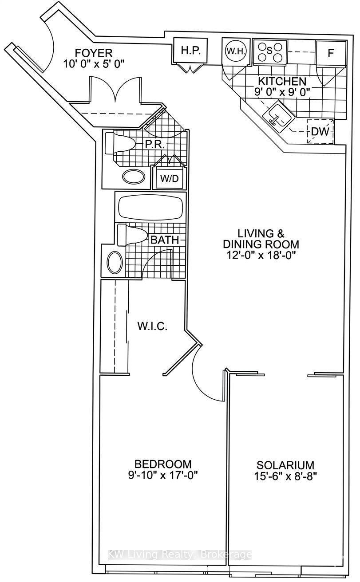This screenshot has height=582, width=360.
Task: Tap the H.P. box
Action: click(x=191, y=51)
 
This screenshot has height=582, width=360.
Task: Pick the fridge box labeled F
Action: click(x=330, y=54)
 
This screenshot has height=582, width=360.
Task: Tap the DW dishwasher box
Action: click(x=320, y=132)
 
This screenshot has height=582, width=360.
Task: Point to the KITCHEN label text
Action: click(x=282, y=82)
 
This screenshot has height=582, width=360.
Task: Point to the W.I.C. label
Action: click(x=152, y=327)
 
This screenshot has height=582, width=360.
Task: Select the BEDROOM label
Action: click(x=163, y=464)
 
